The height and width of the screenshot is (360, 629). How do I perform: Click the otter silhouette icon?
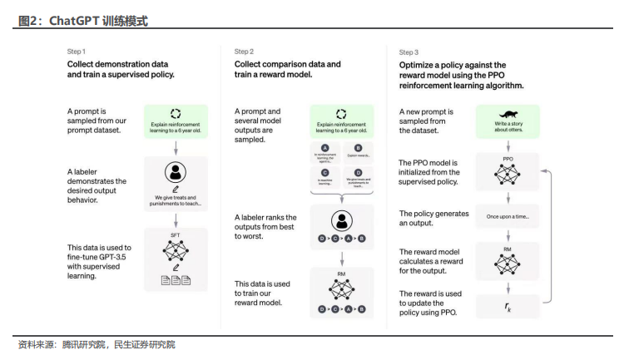[x=508, y=114]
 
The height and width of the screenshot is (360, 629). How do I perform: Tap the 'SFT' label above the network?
[x=175, y=235]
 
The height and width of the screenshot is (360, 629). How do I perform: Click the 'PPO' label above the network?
[x=508, y=157]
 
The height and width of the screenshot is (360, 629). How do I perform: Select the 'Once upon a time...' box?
[x=508, y=215]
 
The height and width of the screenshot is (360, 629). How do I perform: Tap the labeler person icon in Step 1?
[x=175, y=173]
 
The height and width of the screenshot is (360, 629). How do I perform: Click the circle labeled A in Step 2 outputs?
[x=324, y=146]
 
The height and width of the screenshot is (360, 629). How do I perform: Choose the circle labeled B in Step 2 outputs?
[x=357, y=146]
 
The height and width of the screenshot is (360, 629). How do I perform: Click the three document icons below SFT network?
[x=175, y=280]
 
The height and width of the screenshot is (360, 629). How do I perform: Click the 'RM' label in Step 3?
[x=508, y=247]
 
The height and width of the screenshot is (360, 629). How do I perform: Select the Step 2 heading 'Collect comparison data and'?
[x=287, y=64]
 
